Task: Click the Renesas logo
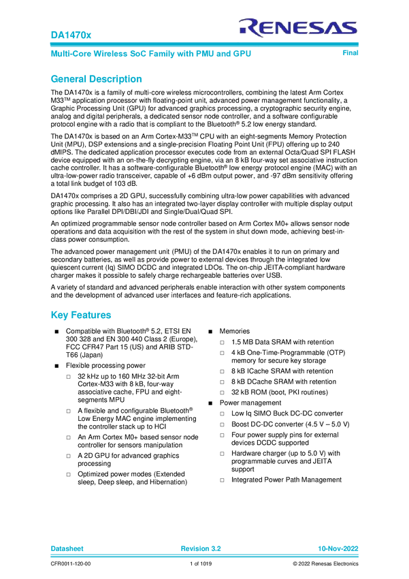click(297, 27)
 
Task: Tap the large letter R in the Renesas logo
click(246, 27)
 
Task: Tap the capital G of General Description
click(53, 79)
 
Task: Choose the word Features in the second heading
click(91, 315)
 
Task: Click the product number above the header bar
click(62, 33)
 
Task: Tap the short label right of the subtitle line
click(350, 53)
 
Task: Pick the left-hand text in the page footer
click(67, 548)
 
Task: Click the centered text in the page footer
click(201, 548)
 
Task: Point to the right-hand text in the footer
click(338, 548)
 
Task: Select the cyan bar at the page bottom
click(204, 556)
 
